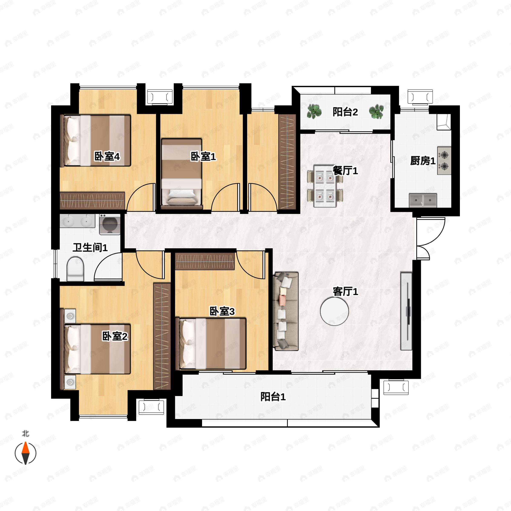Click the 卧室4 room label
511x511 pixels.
pyautogui.click(x=107, y=156)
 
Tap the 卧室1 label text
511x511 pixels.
pyautogui.click(x=203, y=156)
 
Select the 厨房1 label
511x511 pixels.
pyautogui.click(x=423, y=161)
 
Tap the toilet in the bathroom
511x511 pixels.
pyautogui.click(x=75, y=269)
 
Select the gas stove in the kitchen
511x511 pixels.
pyautogui.click(x=444, y=161)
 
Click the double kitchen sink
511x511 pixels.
pyautogui.click(x=423, y=200)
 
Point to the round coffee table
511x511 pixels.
pyautogui.click(x=334, y=311)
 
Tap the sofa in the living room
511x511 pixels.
pyautogui.click(x=286, y=311)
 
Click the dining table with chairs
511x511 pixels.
pyautogui.click(x=325, y=186)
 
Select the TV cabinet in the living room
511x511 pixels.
pyautogui.click(x=406, y=311)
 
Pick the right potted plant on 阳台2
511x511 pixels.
pyautogui.click(x=376, y=112)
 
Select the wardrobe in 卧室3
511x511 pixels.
pyautogui.click(x=205, y=261)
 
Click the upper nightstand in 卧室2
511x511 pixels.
pyautogui.click(x=70, y=316)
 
